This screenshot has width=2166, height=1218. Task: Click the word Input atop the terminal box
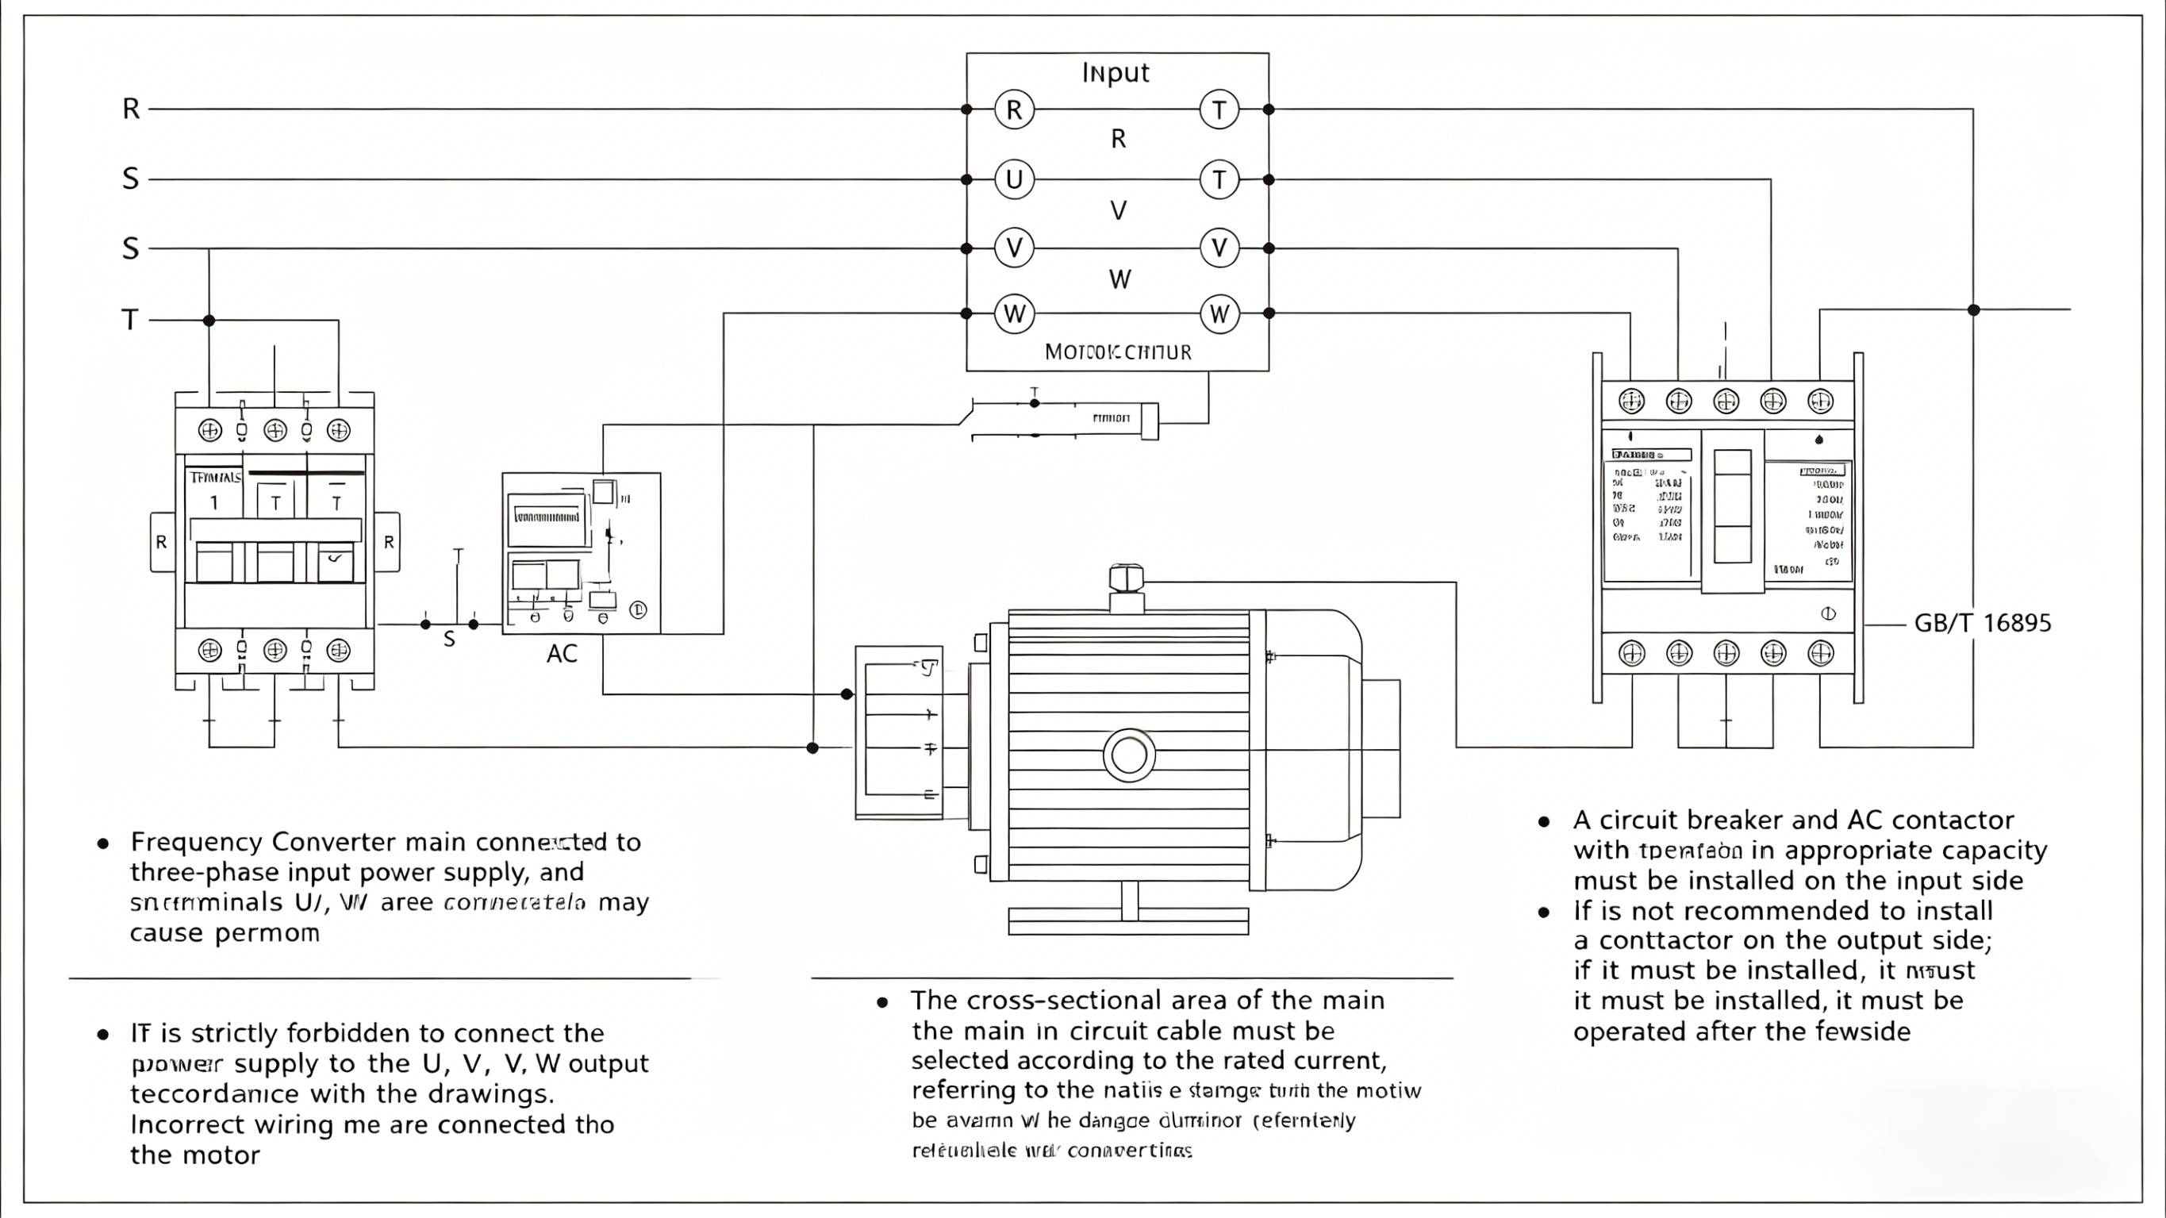click(x=1115, y=72)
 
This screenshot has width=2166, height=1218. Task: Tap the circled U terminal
click(x=1014, y=179)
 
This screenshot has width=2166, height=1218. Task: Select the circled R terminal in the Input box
click(x=1014, y=110)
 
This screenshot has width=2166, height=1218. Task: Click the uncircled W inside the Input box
click(x=1119, y=279)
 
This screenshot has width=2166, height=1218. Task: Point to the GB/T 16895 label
click(x=1983, y=624)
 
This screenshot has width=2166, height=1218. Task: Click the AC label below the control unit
click(x=562, y=654)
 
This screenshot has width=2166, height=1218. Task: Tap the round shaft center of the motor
click(x=1128, y=755)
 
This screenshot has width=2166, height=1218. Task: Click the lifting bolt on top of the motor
click(x=1126, y=578)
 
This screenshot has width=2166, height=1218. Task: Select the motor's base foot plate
click(x=1128, y=921)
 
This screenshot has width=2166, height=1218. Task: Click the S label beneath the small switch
click(x=449, y=640)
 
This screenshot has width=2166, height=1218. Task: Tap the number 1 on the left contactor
click(x=213, y=503)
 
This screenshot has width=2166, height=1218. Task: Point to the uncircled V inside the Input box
click(x=1119, y=210)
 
